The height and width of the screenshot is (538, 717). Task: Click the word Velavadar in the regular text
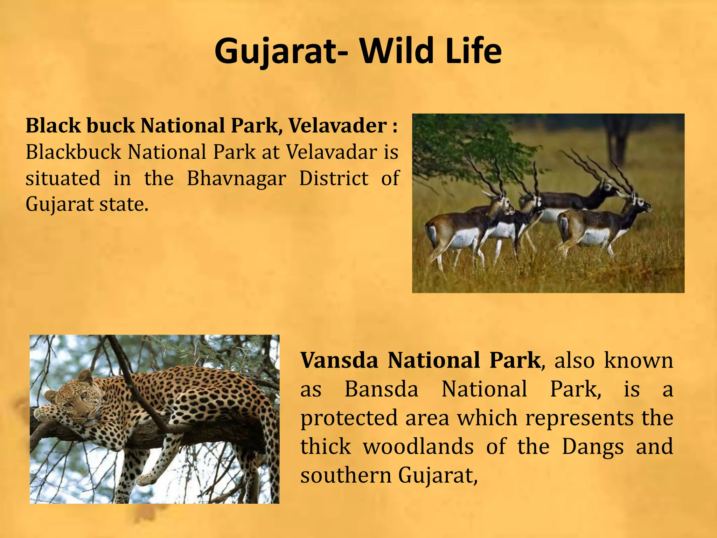[x=331, y=152]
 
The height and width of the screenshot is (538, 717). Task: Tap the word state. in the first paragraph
[x=124, y=204]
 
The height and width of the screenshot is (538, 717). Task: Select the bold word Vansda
[x=339, y=360]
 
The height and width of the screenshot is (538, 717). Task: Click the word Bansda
[x=381, y=389]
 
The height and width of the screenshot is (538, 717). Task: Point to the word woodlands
[x=418, y=447]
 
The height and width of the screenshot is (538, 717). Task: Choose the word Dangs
[x=593, y=447]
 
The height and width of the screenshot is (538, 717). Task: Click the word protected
[x=349, y=419]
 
